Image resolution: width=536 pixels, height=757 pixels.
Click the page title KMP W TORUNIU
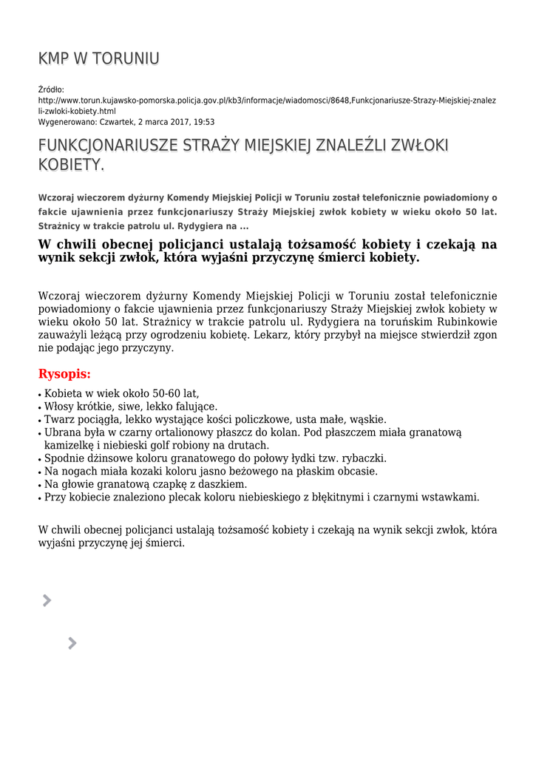click(98, 58)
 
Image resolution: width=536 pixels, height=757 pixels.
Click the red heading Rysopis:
click(64, 374)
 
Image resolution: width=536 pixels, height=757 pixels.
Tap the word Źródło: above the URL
click(51, 89)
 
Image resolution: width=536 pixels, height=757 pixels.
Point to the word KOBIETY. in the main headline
click(71, 165)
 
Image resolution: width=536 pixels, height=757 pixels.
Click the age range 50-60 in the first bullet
click(149, 393)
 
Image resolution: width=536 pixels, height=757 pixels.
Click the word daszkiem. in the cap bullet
click(222, 484)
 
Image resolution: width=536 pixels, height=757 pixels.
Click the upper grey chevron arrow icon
click(47, 600)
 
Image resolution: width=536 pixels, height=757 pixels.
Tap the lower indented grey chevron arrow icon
click(72, 643)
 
